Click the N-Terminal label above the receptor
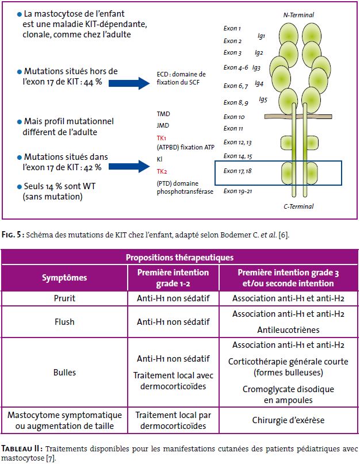298,15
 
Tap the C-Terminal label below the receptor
298,206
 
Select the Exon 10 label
234,117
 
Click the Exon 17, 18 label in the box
238,171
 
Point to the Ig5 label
263,99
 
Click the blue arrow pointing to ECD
129,83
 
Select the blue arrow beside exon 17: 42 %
129,166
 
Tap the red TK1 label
162,138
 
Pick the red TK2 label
162,171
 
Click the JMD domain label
163,125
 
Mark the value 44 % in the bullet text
93,82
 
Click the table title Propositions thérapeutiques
179,258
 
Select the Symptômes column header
64,278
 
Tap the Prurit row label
64,298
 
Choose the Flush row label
64,321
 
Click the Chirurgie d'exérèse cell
288,420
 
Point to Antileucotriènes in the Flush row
288,329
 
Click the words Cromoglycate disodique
288,389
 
